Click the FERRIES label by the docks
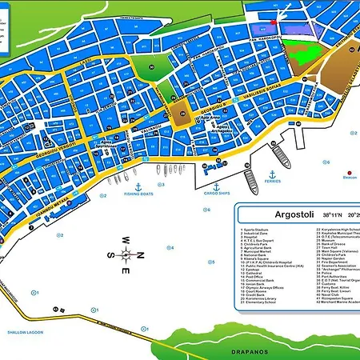pyautogui.click(x=271, y=182)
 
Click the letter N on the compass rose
pyautogui.click(x=140, y=255)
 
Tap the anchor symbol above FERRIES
pyautogui.click(x=271, y=173)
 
